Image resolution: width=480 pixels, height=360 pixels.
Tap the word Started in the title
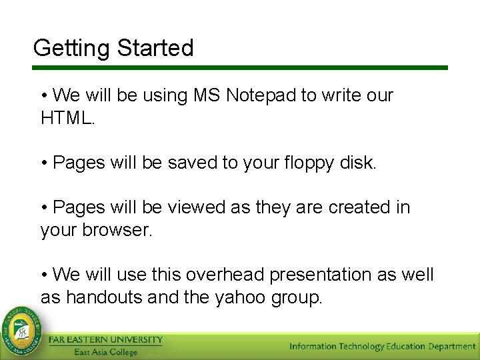pyautogui.click(x=155, y=48)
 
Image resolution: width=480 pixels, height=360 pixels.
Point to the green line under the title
pyautogui.click(x=240, y=67)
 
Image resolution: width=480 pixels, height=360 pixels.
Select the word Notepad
pyautogui.click(x=261, y=95)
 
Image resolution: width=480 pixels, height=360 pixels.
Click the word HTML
pyautogui.click(x=67, y=118)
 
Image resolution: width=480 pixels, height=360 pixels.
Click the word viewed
pyautogui.click(x=196, y=207)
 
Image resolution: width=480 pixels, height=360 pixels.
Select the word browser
pyautogui.click(x=117, y=230)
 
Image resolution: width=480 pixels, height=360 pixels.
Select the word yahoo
pyautogui.click(x=240, y=297)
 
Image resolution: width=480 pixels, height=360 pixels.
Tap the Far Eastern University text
pyautogui.click(x=105, y=340)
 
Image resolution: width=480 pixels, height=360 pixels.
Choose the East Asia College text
pyautogui.click(x=105, y=352)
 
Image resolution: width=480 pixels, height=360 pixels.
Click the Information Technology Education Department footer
pyautogui.click(x=382, y=346)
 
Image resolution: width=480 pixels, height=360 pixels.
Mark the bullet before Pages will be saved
pyautogui.click(x=44, y=163)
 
